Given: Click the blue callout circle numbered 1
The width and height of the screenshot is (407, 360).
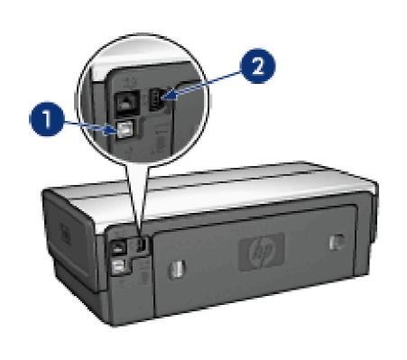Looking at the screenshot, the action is pos(47,119).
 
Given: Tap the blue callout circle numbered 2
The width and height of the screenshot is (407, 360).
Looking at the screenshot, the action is pos(257,66).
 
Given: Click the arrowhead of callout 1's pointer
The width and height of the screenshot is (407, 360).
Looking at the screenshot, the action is pos(110,131).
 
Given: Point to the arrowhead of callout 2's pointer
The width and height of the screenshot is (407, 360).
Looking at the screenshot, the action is pos(169,97).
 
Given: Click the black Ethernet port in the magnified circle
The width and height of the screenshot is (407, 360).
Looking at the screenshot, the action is pos(127,102).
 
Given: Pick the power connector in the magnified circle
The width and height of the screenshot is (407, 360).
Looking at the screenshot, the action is pos(156,99).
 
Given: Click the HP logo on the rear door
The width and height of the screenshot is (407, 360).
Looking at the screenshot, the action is pos(261,250).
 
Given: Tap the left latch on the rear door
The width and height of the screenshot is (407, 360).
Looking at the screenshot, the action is pos(177,269).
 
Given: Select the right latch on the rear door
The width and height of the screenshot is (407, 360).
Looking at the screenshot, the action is pos(337,242).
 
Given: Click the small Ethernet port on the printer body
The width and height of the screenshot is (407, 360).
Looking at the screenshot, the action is pos(117,248).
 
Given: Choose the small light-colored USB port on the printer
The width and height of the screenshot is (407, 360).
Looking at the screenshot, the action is pos(119,266).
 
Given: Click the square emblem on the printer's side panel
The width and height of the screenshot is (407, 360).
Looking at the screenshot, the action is pos(65,233).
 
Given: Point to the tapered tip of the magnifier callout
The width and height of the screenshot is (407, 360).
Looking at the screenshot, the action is pos(139,234).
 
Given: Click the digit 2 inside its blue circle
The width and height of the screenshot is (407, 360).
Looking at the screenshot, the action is pos(258,66).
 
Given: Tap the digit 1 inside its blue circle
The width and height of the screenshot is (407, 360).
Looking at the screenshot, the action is pos(47,119).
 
